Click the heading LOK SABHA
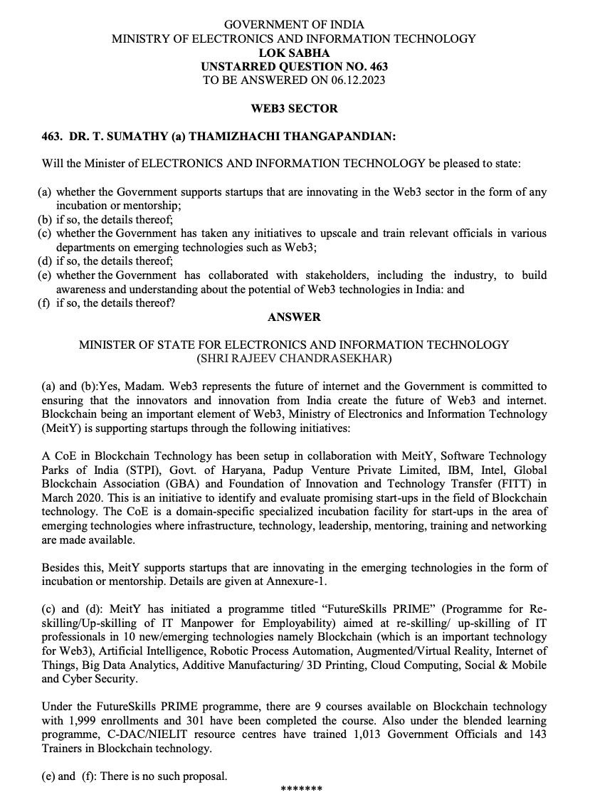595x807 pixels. point(294,53)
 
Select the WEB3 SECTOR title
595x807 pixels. point(294,109)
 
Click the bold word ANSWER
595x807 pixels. point(294,317)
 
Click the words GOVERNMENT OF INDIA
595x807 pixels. point(294,25)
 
